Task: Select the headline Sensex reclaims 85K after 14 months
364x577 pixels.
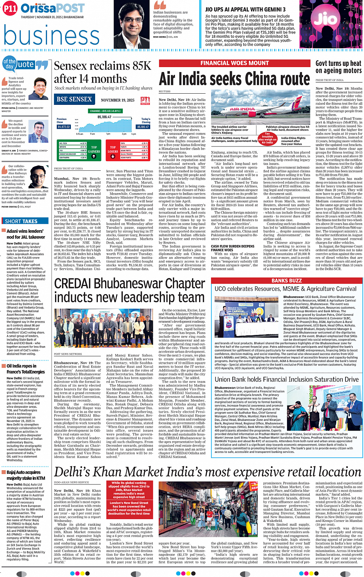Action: click(103, 72)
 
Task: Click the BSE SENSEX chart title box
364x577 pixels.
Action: click(74, 99)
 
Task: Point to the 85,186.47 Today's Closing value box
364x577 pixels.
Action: click(143, 127)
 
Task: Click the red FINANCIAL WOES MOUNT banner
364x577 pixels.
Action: click(234, 63)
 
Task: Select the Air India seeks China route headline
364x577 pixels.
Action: click(234, 79)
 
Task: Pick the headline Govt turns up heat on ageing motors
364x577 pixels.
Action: click(338, 67)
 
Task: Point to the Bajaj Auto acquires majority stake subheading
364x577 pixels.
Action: click(26, 475)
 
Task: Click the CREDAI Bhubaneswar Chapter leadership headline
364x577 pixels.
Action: click(129, 290)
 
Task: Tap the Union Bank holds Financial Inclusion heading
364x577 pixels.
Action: click(287, 380)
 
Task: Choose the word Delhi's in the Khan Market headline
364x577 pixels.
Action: click(77, 472)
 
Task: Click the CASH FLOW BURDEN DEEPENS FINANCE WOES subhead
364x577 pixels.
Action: click(233, 248)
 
